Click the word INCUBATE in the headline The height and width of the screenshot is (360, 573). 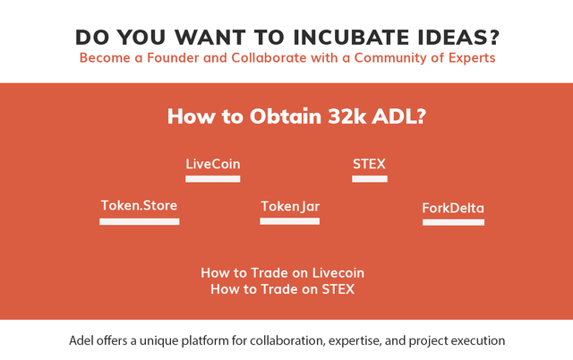click(351, 38)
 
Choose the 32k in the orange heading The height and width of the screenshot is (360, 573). click(346, 116)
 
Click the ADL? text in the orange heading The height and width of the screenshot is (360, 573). click(399, 116)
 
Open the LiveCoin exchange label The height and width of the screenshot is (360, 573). click(213, 164)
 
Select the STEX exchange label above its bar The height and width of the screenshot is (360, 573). click(369, 164)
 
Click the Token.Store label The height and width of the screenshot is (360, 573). click(139, 205)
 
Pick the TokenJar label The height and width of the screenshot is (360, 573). click(290, 207)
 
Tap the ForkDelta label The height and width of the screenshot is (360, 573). click(453, 208)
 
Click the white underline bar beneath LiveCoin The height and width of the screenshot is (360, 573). click(213, 179)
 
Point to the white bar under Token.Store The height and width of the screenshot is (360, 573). click(140, 221)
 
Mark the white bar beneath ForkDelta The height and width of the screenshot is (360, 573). click(454, 222)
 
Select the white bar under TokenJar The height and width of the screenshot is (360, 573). click(290, 221)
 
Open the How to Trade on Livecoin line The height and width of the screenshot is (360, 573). click(283, 273)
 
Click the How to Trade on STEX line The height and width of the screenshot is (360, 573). click(283, 289)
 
